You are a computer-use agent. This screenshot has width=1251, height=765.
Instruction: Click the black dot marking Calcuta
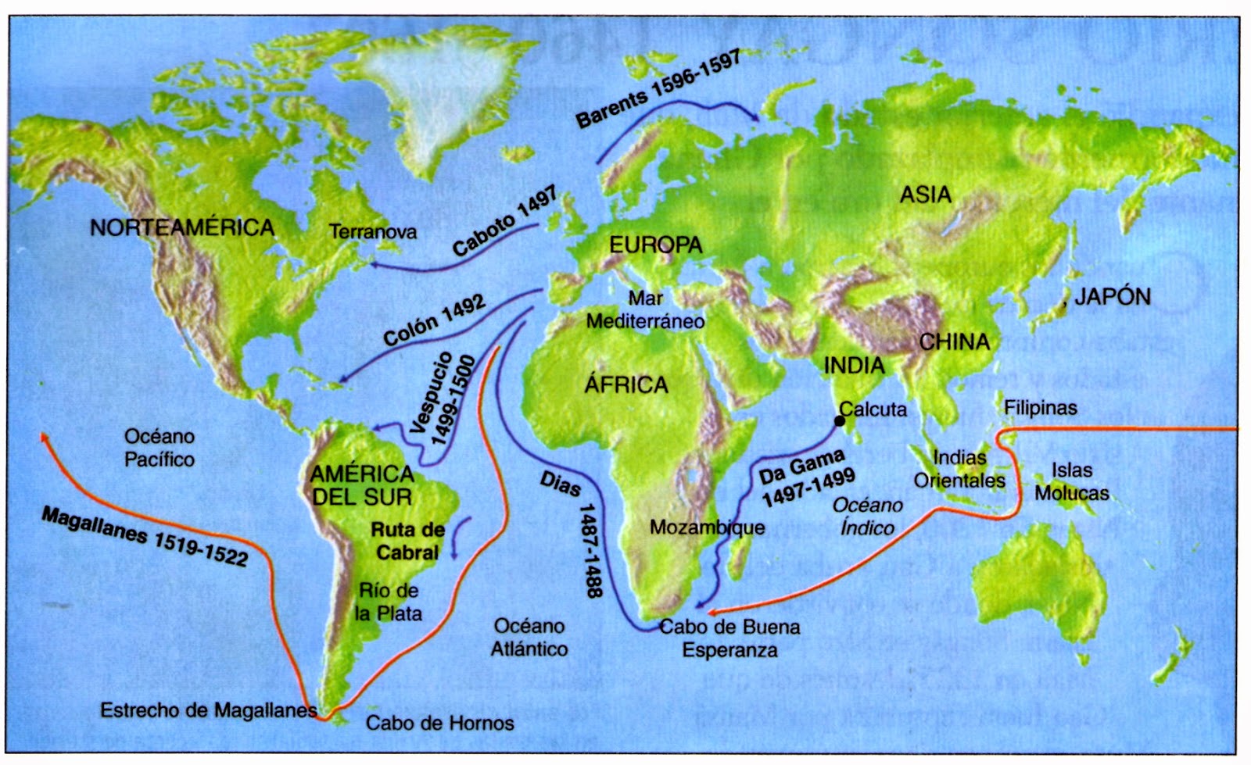840,421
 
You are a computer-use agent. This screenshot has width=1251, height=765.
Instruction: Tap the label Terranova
373,231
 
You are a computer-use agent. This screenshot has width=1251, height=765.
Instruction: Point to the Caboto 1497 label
504,221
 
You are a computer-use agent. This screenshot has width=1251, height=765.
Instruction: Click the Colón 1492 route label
434,320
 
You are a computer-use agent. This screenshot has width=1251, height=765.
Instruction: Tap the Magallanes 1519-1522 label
145,536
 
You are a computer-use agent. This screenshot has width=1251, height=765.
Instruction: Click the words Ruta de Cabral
407,541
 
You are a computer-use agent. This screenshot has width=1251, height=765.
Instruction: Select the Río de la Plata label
389,602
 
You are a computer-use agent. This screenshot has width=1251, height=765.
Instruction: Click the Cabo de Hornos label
439,723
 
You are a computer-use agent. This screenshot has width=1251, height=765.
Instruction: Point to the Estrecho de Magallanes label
208,710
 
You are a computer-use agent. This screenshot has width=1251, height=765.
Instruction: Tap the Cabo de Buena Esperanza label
729,638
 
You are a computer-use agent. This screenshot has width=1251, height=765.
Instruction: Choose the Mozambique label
707,527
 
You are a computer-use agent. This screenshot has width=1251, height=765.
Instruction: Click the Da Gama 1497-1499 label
807,477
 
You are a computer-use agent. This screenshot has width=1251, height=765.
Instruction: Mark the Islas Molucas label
1071,481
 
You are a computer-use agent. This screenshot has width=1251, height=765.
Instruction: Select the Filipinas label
1040,408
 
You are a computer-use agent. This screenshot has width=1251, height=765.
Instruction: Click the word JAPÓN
1112,297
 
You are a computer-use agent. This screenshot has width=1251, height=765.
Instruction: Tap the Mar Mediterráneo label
645,309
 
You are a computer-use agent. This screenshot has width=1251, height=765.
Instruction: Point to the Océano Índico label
867,517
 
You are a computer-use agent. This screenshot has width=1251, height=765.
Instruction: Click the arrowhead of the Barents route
757,118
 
